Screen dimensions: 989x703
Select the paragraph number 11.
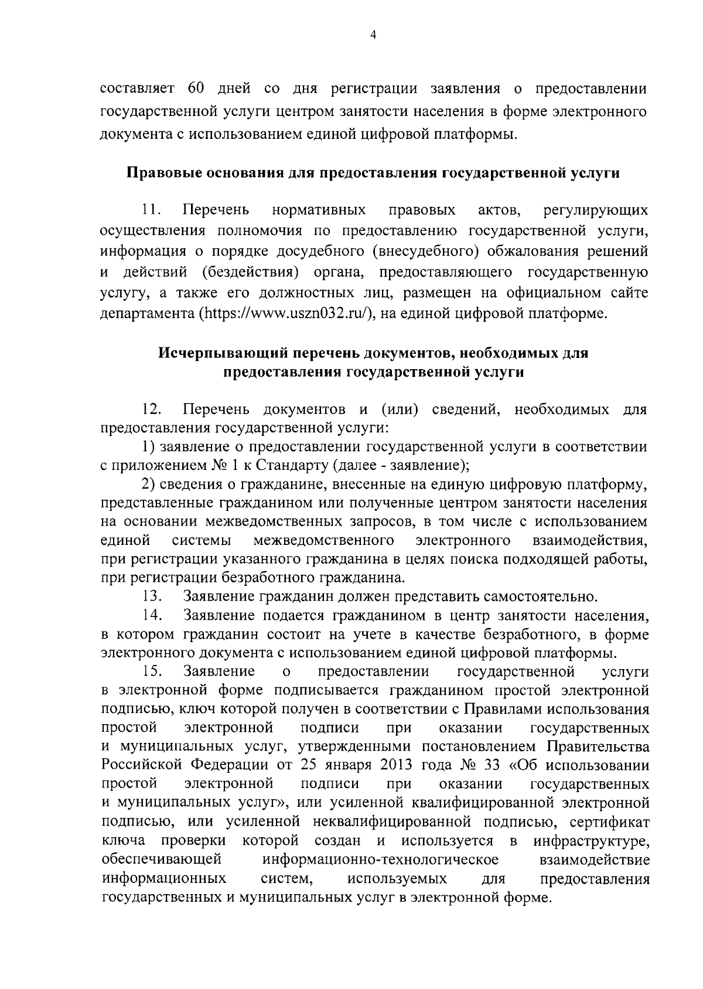click(150, 210)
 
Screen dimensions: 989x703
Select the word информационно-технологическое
click(381, 860)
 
